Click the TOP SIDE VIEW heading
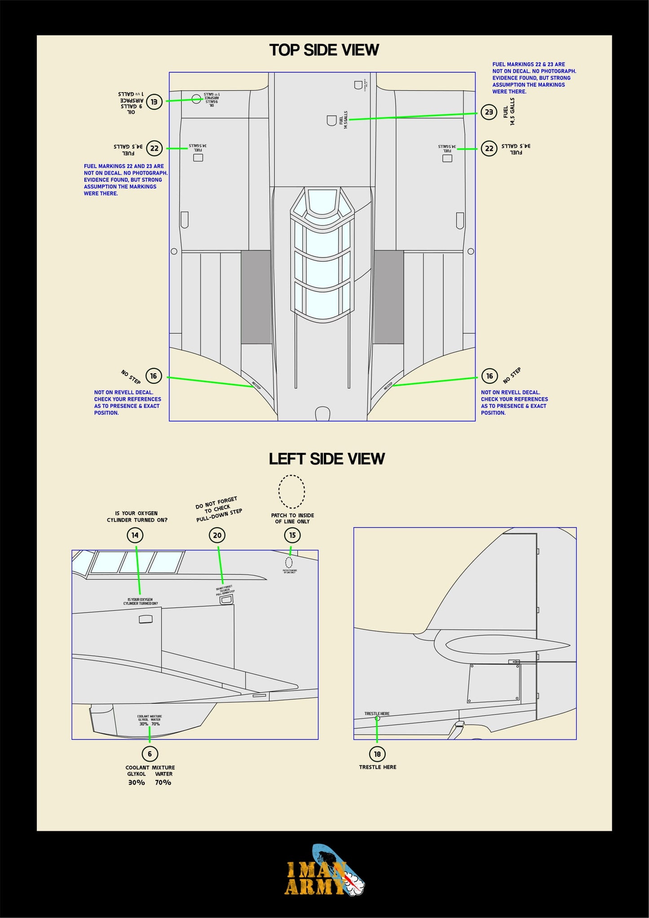point(324,50)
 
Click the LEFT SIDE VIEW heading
point(327,459)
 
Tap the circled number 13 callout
point(154,102)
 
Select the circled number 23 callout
point(489,112)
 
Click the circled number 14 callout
point(135,535)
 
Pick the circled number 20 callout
point(217,535)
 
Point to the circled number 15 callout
point(292,535)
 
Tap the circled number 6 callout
point(150,754)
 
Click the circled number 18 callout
point(377,754)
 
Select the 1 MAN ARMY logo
point(324,872)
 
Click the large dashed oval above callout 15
point(291,492)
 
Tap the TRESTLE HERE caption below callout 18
point(377,767)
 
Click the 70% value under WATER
point(163,782)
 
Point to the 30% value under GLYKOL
point(137,782)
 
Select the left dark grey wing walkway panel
point(256,297)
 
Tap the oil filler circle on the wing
point(196,99)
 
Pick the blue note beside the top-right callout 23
point(534,78)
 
